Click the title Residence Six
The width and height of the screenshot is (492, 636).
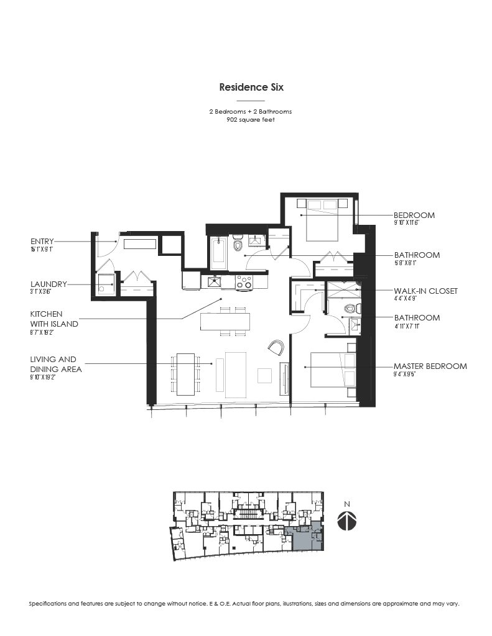(x=251, y=88)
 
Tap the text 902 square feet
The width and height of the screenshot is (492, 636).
(x=251, y=120)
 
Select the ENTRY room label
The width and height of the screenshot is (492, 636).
(x=42, y=241)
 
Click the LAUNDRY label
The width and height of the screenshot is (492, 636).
(x=47, y=284)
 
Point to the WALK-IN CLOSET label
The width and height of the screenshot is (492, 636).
(x=425, y=291)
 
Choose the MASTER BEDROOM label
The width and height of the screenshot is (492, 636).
(x=430, y=366)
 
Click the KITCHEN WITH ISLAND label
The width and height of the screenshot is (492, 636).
(x=55, y=319)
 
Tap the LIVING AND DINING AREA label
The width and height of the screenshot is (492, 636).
(x=53, y=364)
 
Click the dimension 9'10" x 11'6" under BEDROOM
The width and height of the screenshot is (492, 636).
(x=414, y=223)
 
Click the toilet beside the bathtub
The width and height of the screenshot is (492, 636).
(x=237, y=246)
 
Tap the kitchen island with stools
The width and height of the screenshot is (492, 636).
(x=225, y=321)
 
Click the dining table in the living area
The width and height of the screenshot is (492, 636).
(x=185, y=374)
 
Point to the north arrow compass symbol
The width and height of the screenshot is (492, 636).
(x=346, y=520)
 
